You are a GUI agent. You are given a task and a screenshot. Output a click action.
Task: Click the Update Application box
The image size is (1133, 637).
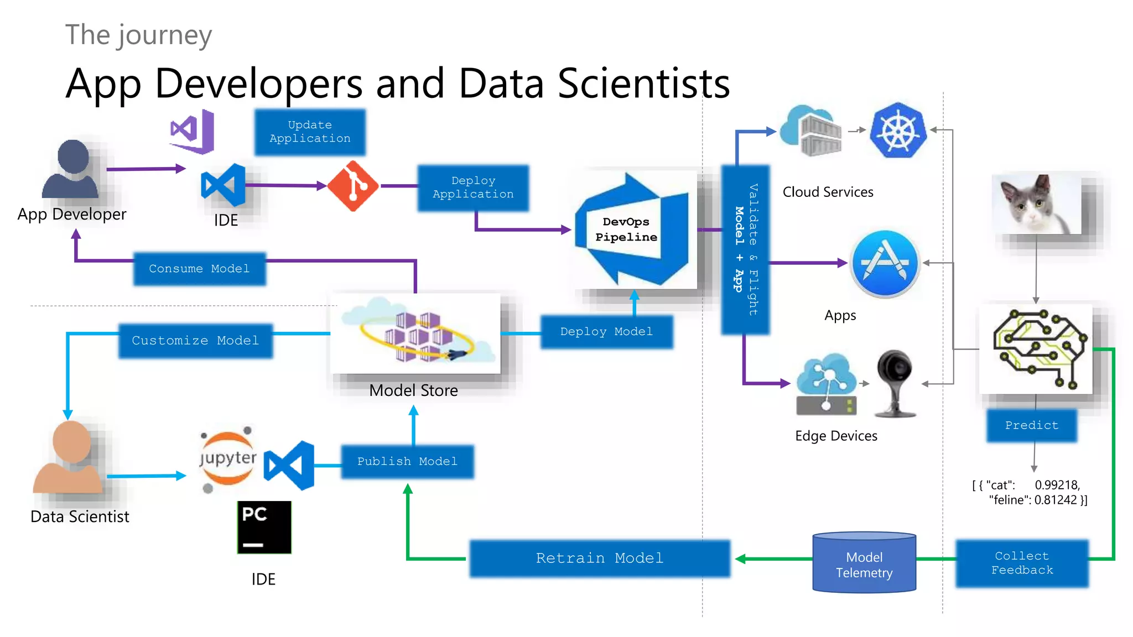pyautogui.click(x=310, y=132)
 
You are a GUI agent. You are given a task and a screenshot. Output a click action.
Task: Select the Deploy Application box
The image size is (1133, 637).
pyautogui.click(x=473, y=187)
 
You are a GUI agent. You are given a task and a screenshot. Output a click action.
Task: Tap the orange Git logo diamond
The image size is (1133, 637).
pyautogui.click(x=353, y=186)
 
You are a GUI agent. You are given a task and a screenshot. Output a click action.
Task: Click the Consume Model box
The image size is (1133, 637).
pyautogui.click(x=199, y=269)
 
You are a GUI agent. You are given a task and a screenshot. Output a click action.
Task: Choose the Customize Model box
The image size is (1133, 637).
pyautogui.click(x=195, y=341)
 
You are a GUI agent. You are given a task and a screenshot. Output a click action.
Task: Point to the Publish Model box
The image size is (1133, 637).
pyautogui.click(x=407, y=461)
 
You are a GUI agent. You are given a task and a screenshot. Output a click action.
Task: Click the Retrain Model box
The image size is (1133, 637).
pyautogui.click(x=600, y=558)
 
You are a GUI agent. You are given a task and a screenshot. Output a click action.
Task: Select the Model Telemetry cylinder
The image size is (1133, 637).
pyautogui.click(x=864, y=563)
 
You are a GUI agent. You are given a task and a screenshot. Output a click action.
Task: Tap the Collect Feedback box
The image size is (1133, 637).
pyautogui.click(x=1022, y=563)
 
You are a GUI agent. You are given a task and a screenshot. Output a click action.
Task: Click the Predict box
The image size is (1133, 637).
pyautogui.click(x=1031, y=425)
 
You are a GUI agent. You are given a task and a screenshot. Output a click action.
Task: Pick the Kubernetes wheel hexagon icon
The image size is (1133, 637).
pyautogui.click(x=898, y=130)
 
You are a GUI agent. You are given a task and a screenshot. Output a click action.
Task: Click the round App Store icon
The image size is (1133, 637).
pyautogui.click(x=885, y=264)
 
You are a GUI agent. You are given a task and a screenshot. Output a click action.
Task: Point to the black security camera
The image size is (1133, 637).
pyautogui.click(x=895, y=382)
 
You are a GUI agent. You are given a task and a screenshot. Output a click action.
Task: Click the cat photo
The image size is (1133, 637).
pyautogui.click(x=1036, y=204)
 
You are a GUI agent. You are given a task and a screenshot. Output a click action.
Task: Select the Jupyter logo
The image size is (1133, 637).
pyautogui.click(x=227, y=458)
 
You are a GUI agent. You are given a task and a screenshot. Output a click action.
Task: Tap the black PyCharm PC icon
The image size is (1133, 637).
pyautogui.click(x=264, y=527)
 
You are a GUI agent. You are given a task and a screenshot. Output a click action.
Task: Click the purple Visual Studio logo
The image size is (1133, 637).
pyautogui.click(x=192, y=132)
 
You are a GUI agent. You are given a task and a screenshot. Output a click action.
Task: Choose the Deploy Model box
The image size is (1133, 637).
pyautogui.click(x=606, y=332)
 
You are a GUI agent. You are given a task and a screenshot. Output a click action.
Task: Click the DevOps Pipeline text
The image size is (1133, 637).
pyautogui.click(x=626, y=229)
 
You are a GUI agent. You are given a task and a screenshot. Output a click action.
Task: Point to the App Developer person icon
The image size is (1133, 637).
pyautogui.click(x=71, y=169)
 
